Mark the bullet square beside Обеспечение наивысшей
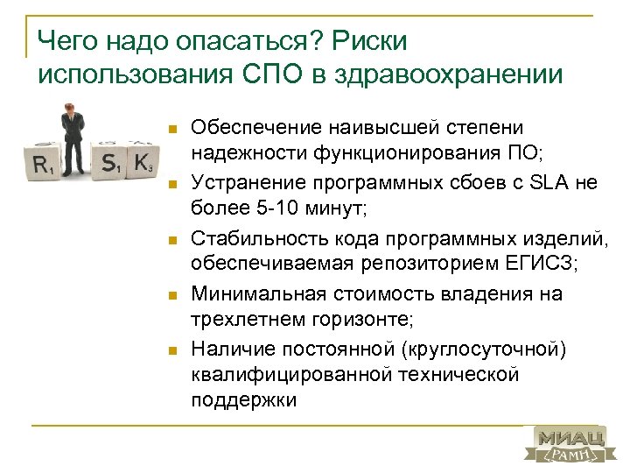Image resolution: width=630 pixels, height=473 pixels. [x=173, y=131]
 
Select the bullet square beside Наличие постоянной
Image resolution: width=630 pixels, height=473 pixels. [x=173, y=349]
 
